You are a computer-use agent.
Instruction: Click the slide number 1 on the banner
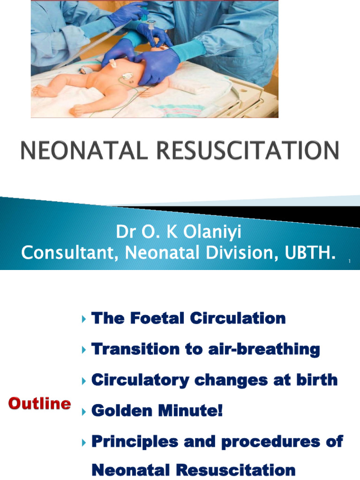(349, 261)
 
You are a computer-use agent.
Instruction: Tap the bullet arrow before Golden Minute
(84, 412)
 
